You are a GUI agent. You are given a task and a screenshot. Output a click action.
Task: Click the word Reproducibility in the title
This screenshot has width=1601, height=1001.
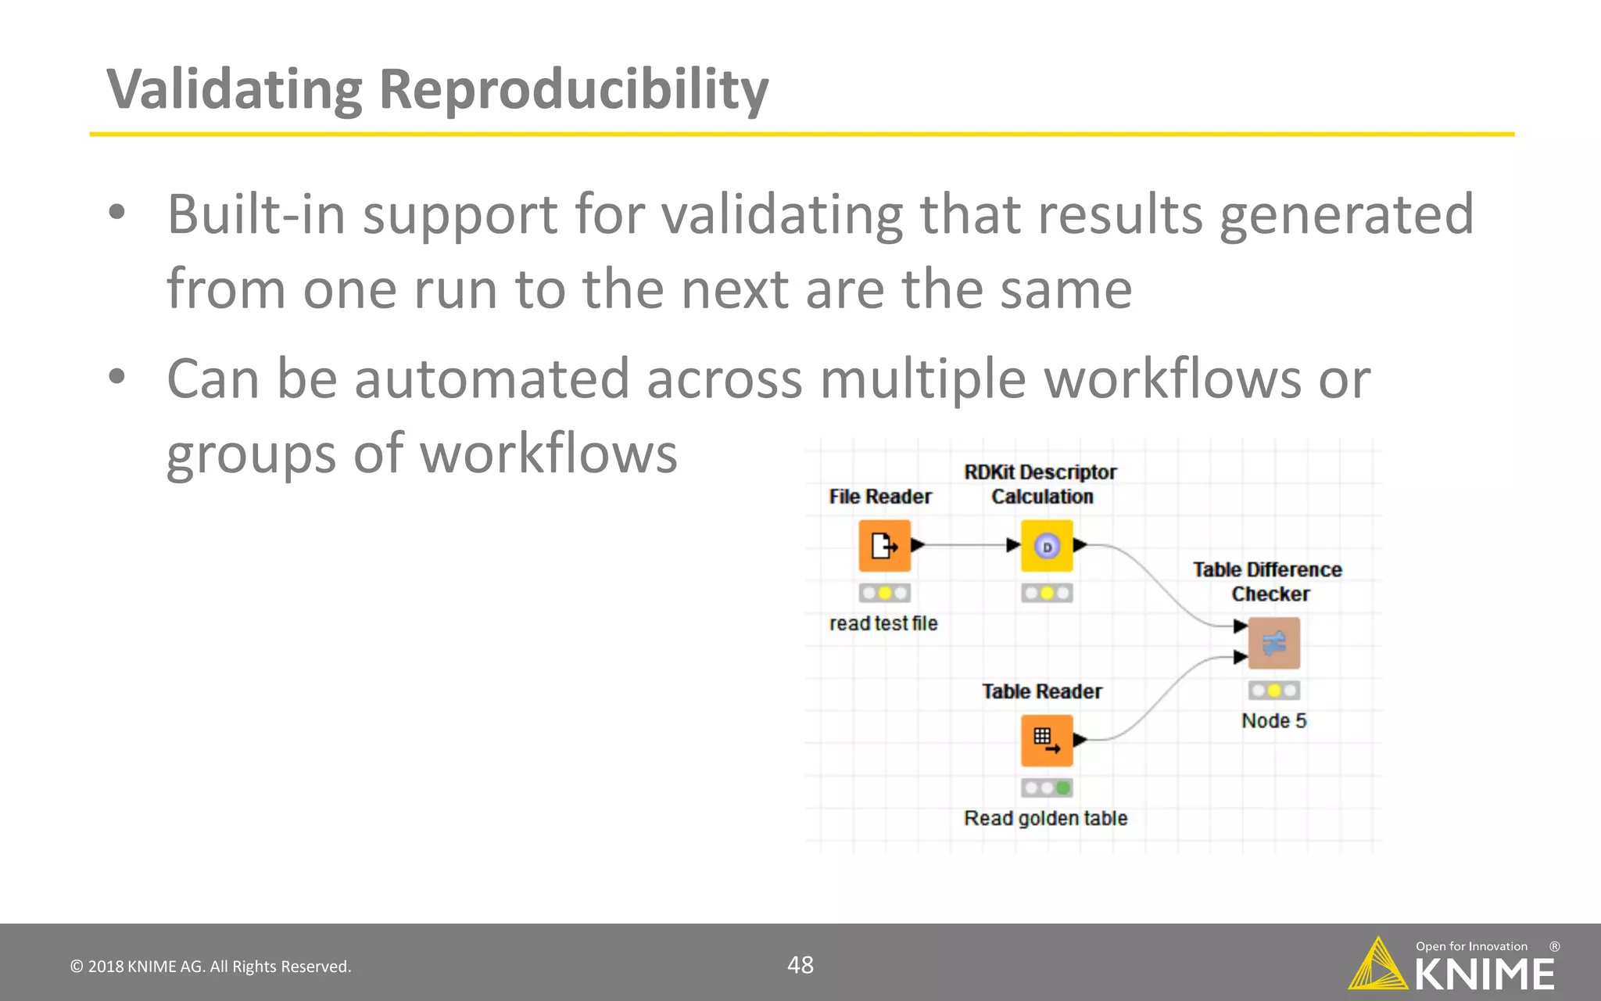pos(573,90)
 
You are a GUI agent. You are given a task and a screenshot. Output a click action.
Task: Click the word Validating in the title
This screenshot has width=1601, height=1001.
pos(234,90)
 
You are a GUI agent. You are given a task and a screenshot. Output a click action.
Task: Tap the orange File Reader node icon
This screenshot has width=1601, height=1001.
pos(884,545)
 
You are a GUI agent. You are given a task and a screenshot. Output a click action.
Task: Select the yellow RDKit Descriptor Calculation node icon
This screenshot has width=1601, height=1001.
pos(1047,545)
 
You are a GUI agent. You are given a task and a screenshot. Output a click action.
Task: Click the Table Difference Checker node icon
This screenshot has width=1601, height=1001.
pos(1273,643)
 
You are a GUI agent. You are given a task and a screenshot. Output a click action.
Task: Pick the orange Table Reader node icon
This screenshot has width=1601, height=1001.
pos(1046,740)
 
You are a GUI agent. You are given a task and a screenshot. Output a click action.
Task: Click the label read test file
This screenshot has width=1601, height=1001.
pos(883,623)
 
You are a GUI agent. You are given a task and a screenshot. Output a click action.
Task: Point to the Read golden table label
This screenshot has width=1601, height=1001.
pos(1045,818)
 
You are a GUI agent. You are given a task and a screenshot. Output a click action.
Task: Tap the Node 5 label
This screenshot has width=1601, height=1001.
pos(1273,720)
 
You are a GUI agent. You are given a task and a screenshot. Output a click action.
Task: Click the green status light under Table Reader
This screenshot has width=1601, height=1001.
pos(1062,788)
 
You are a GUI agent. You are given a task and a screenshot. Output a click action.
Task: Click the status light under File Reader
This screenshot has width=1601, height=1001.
pos(884,593)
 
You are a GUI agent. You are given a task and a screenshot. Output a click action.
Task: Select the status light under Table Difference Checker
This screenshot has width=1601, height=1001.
pos(1273,691)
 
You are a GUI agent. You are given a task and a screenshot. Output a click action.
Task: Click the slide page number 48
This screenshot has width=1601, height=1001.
pos(800,965)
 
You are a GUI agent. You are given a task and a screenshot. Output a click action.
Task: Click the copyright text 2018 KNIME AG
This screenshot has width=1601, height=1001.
pos(210,967)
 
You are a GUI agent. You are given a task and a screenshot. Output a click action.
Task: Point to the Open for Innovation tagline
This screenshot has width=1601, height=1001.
pos(1471,946)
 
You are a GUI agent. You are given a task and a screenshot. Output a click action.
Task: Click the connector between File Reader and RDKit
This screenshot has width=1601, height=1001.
pos(965,545)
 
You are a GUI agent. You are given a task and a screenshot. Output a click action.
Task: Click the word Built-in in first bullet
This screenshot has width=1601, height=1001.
pos(256,214)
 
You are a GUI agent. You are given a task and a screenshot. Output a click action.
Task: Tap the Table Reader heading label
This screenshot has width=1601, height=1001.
pos(1041,691)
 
